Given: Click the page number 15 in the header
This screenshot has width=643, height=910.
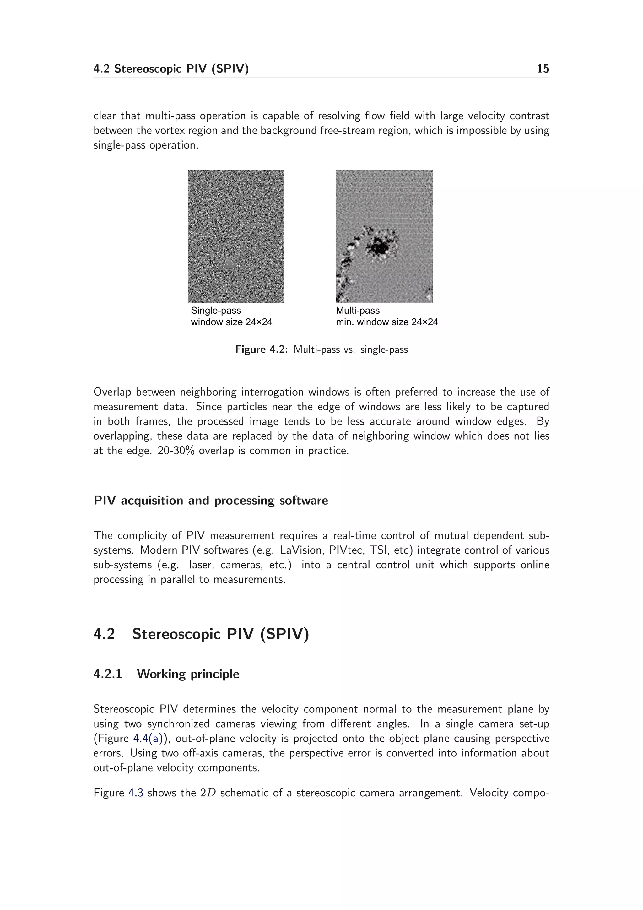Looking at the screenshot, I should click(542, 69).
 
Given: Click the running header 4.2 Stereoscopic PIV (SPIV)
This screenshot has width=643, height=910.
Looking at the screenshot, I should click(171, 69).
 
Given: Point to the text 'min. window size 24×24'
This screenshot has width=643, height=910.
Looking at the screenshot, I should click(387, 322).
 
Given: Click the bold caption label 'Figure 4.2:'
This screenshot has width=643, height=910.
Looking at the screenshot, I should click(261, 349).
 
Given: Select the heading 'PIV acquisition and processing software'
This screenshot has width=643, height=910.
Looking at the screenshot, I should click(210, 501).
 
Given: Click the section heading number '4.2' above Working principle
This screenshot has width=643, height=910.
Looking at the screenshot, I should click(104, 634).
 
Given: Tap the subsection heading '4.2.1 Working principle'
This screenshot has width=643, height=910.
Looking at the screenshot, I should click(166, 674).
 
